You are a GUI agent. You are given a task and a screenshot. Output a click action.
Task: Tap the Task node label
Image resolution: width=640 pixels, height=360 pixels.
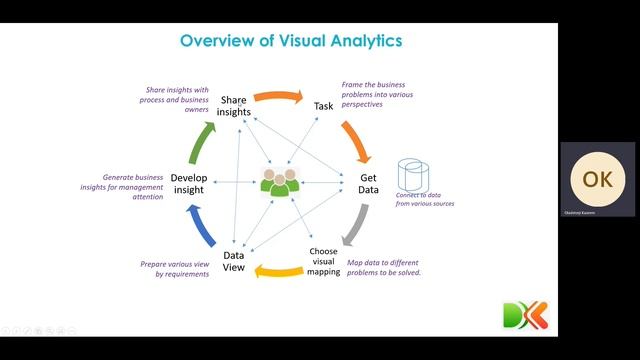tap(323, 105)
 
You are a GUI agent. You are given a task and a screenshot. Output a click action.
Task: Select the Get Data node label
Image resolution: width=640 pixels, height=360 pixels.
tap(368, 184)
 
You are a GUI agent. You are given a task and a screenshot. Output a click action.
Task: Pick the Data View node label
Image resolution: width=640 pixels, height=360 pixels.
tap(234, 261)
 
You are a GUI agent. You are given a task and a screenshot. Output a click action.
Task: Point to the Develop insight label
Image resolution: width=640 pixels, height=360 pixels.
tap(189, 184)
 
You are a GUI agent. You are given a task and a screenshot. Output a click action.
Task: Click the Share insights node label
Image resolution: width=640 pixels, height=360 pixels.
tap(234, 106)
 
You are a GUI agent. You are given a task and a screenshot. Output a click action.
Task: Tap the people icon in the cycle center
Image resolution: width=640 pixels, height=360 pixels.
tap(279, 182)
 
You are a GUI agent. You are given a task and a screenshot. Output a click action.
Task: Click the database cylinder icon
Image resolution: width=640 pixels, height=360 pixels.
tap(413, 175)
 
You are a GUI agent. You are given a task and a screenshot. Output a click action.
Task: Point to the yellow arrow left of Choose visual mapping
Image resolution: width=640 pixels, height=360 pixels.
tap(276, 268)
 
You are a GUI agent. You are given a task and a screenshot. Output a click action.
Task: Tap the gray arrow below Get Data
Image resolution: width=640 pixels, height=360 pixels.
tap(355, 225)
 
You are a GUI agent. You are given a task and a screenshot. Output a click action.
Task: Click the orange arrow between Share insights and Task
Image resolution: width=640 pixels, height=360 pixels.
tap(278, 97)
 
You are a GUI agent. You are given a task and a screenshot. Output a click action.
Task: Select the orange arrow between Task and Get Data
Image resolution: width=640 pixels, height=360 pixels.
tap(356, 141)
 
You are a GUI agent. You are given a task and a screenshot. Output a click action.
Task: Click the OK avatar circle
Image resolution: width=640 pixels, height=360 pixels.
tap(597, 179)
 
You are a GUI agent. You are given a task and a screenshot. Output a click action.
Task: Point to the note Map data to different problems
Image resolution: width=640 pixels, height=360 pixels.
tap(384, 266)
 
